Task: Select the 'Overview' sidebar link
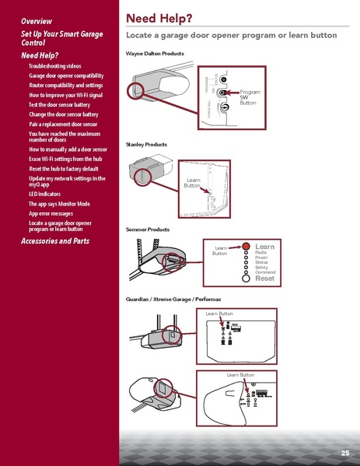tap(37, 19)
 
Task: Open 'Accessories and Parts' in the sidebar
tap(54, 241)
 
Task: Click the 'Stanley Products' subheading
tap(146, 145)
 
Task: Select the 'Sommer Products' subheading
tap(147, 230)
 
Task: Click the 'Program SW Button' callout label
tap(250, 97)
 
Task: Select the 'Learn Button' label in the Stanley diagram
tap(192, 183)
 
